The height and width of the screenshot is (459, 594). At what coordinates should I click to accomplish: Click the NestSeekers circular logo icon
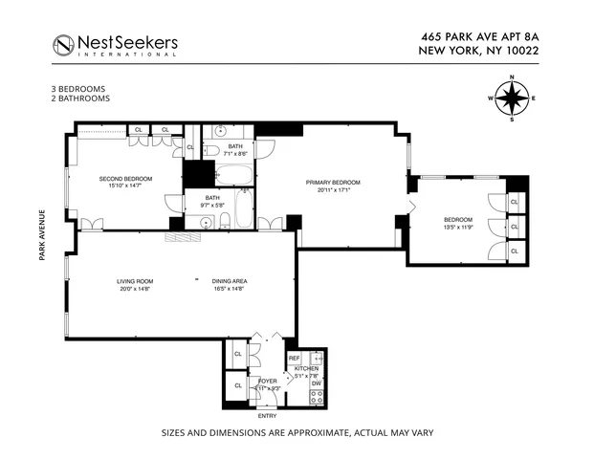pyautogui.click(x=63, y=44)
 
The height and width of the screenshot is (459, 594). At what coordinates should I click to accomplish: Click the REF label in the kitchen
pyautogui.click(x=294, y=359)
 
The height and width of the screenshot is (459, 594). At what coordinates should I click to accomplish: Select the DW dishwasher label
pyautogui.click(x=317, y=382)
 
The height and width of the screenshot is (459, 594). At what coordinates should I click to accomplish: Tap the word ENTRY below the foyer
pyautogui.click(x=267, y=415)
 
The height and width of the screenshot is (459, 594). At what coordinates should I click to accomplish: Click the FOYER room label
pyautogui.click(x=267, y=381)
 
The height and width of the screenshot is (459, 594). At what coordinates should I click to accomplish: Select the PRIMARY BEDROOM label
pyautogui.click(x=333, y=182)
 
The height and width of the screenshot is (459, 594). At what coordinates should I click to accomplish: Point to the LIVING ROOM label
pyautogui.click(x=135, y=281)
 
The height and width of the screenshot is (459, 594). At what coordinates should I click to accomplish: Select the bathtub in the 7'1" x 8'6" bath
pyautogui.click(x=232, y=175)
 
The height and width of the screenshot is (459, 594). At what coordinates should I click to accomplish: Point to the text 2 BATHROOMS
pyautogui.click(x=80, y=98)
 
